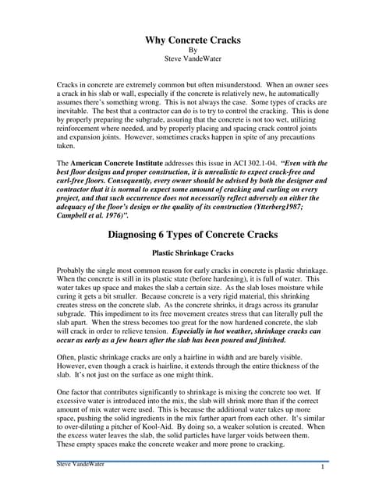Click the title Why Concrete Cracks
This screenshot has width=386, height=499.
coord(193,40)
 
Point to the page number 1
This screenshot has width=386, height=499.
coord(322,466)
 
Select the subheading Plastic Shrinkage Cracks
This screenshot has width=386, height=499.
coord(193,253)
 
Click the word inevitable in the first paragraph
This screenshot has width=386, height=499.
coord(76,113)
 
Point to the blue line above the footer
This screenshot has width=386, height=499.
coord(193,461)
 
